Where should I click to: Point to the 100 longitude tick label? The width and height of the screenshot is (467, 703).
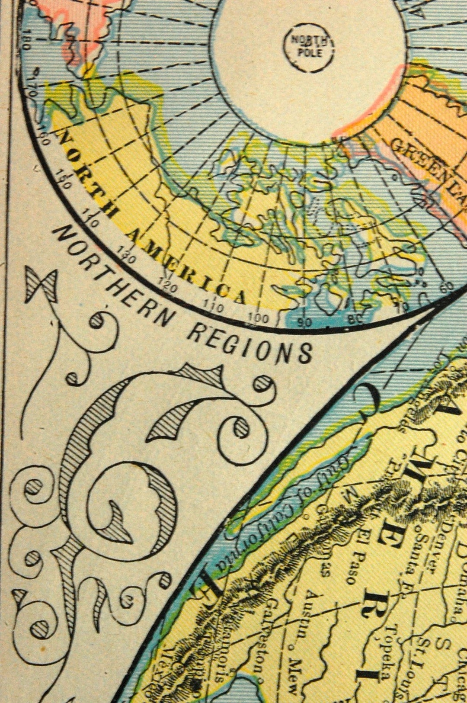tap(258, 318)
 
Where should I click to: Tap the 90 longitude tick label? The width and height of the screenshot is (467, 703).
tap(304, 322)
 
